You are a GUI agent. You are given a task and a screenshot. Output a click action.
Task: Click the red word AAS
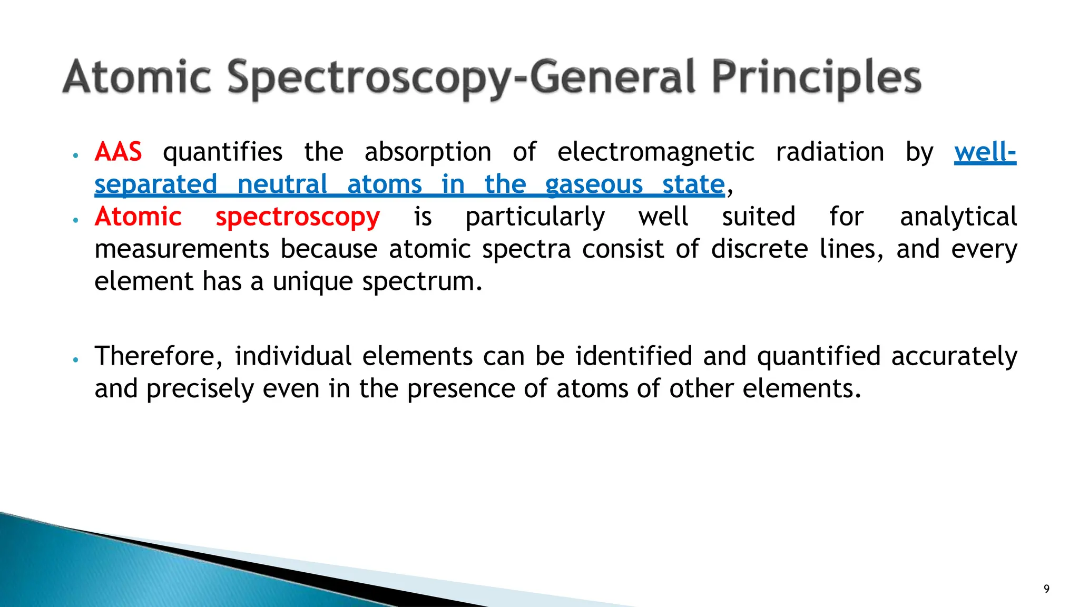118,152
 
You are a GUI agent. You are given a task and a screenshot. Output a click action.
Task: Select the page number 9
1046,589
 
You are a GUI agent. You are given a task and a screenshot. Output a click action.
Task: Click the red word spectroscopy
297,218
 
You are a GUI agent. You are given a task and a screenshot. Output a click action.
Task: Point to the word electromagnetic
655,152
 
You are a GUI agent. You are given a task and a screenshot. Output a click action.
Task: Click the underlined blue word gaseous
594,185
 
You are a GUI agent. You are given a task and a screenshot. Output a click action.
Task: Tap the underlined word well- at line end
985,152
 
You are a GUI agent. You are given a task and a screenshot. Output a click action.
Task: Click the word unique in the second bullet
312,281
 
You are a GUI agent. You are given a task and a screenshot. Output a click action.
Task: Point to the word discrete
759,249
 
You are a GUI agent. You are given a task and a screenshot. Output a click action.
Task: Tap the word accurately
954,356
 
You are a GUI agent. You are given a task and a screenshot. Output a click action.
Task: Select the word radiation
830,152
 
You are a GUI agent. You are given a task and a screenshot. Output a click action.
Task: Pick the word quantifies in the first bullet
222,152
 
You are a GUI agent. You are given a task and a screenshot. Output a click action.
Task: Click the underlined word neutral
282,185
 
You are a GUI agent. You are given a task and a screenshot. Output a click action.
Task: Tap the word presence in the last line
459,389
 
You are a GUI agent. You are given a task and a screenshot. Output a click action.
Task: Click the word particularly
535,218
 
